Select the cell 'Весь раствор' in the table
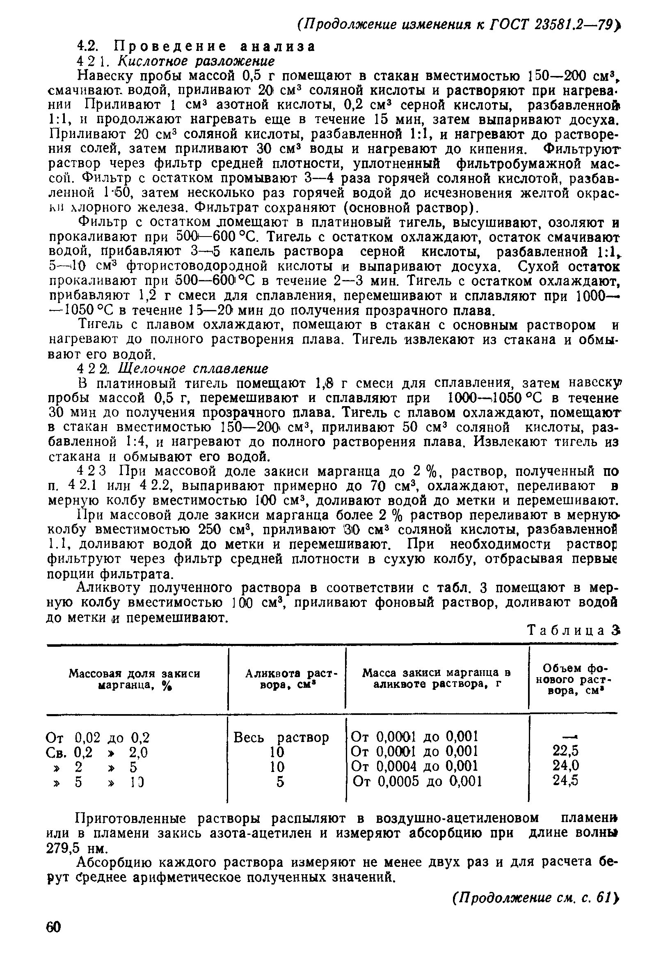[281, 737]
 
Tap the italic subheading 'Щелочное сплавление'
[193, 368]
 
